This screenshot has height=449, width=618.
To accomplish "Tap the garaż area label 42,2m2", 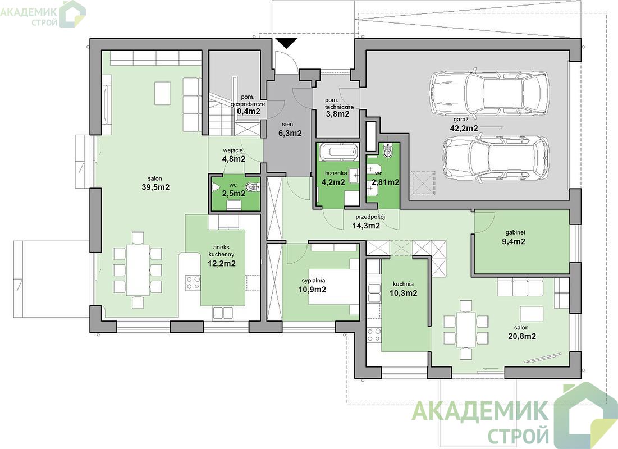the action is [x=464, y=128].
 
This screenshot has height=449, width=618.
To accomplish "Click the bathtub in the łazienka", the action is [x=338, y=152].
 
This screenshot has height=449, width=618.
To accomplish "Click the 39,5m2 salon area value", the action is [x=155, y=187].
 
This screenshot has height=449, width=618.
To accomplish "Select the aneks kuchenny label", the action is [x=222, y=251].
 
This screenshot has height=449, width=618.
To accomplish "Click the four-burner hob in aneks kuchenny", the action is [x=193, y=283].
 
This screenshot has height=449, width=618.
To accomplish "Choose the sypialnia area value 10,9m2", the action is [x=312, y=290].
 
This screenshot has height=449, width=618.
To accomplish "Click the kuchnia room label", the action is [x=403, y=284].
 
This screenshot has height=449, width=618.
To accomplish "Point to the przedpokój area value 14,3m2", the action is [x=366, y=226].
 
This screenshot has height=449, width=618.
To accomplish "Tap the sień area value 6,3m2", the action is [x=290, y=133].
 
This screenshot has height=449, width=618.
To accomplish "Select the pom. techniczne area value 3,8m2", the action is [x=337, y=114].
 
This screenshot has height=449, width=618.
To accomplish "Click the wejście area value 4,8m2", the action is [x=234, y=159].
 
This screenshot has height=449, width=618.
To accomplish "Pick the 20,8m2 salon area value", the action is [x=522, y=336].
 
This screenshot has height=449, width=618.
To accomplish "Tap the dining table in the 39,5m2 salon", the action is [x=138, y=270].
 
